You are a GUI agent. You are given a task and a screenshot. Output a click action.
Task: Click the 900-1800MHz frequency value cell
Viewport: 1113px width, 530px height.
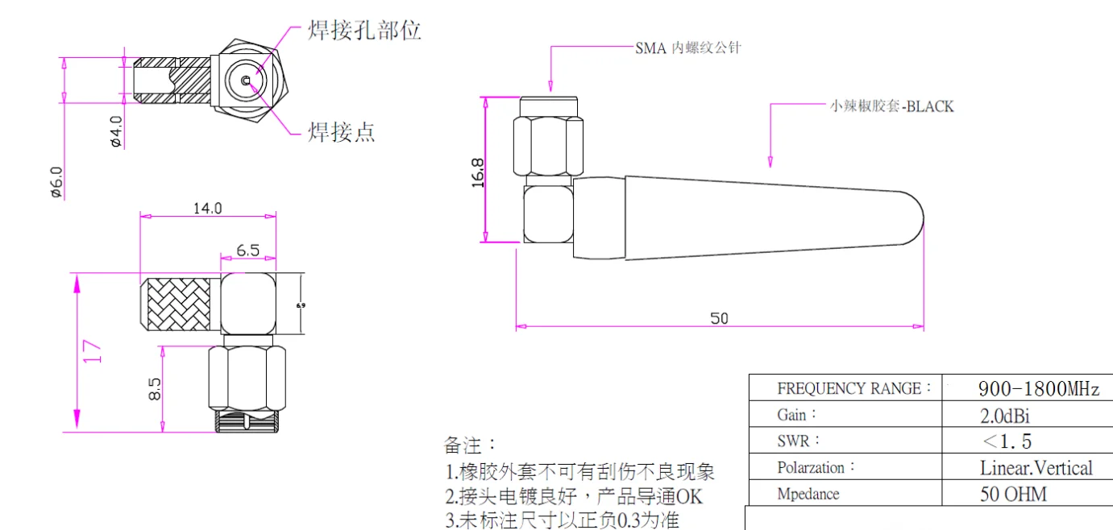pyautogui.click(x=1038, y=389)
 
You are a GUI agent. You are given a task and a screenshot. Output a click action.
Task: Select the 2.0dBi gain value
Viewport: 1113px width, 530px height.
pyautogui.click(x=1004, y=416)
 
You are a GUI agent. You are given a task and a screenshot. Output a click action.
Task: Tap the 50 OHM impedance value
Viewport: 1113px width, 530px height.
pyautogui.click(x=1013, y=494)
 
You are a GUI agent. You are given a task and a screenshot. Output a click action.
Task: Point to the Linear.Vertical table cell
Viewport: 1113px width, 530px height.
pyautogui.click(x=1036, y=468)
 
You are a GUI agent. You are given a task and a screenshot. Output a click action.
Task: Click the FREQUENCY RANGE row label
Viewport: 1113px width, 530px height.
pyautogui.click(x=853, y=389)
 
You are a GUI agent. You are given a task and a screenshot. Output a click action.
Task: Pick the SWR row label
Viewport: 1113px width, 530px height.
pyautogui.click(x=799, y=441)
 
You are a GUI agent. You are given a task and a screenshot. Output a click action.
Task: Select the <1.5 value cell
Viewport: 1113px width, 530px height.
pyautogui.click(x=1007, y=441)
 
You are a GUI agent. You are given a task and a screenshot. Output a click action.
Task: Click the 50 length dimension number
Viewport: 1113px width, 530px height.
pyautogui.click(x=719, y=318)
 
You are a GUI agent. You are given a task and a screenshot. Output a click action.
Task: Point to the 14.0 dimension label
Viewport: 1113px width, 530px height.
pyautogui.click(x=206, y=208)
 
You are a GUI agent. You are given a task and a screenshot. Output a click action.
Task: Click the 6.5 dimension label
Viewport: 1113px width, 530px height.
pyautogui.click(x=247, y=251)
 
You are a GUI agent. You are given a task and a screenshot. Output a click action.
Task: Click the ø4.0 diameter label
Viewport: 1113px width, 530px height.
pyautogui.click(x=116, y=131)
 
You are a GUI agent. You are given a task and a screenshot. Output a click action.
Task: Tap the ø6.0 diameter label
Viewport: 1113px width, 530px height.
pyautogui.click(x=56, y=181)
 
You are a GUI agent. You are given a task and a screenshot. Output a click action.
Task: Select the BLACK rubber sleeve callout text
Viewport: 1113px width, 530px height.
pyautogui.click(x=891, y=106)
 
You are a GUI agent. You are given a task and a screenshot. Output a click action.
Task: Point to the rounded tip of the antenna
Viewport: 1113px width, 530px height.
pyautogui.click(x=916, y=218)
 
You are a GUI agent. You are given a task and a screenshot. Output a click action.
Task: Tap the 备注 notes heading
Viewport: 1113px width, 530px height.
pyautogui.click(x=471, y=445)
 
